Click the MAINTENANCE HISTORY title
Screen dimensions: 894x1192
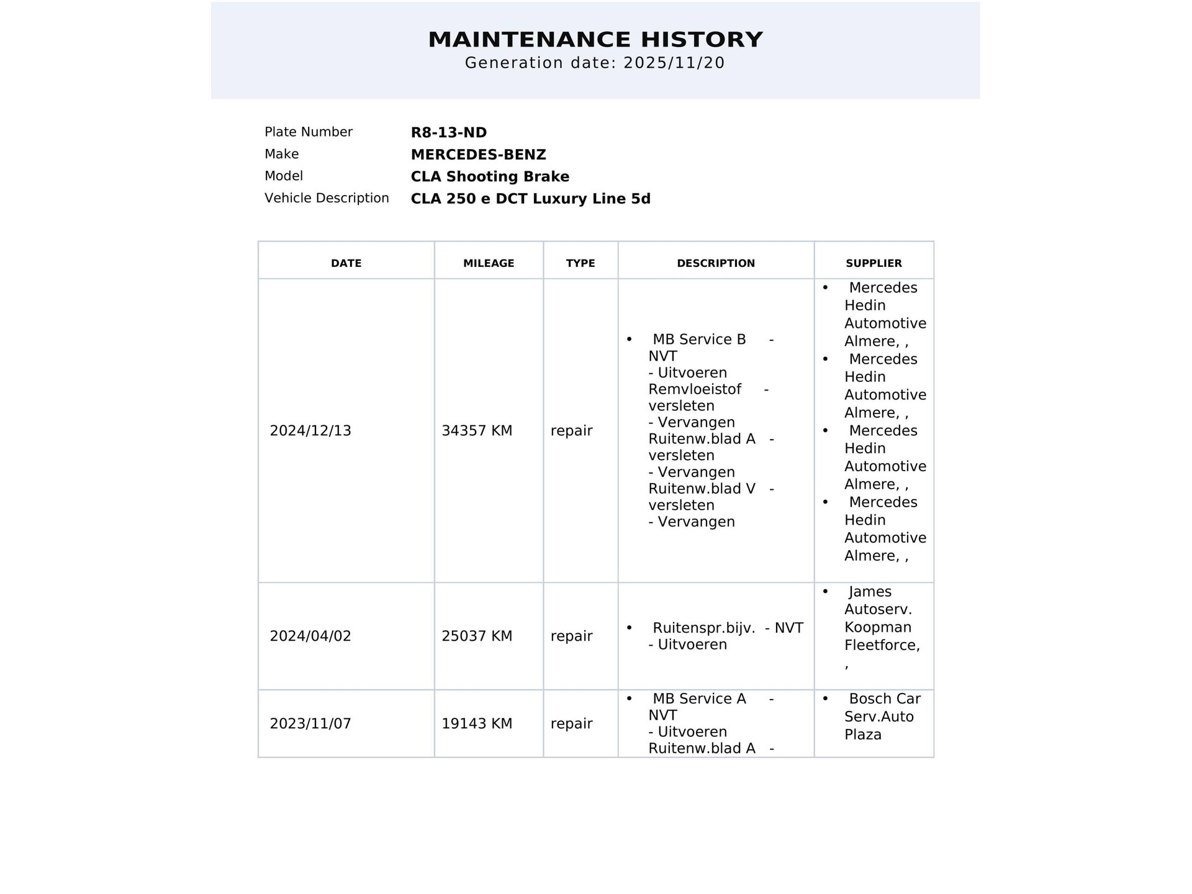tap(595, 40)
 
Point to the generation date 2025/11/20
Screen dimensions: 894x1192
tap(674, 63)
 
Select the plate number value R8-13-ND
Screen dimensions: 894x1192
tap(449, 132)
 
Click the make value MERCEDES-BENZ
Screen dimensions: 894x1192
tap(478, 155)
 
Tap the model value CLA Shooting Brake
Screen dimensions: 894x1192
tap(490, 176)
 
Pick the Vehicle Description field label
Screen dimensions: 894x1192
tap(327, 198)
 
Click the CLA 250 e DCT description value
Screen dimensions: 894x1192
tap(530, 199)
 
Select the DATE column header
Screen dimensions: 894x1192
tap(346, 263)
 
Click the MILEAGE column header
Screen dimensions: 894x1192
tap(489, 263)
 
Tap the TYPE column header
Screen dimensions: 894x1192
tap(580, 263)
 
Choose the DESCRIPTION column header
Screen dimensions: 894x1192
tap(716, 263)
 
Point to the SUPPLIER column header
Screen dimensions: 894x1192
tap(874, 263)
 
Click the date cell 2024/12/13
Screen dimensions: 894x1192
tap(310, 431)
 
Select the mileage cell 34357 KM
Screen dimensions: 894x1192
tap(477, 431)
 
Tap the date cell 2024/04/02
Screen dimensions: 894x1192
tap(310, 636)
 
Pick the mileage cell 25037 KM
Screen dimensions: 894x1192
tap(477, 636)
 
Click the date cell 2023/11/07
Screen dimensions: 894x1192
tap(310, 724)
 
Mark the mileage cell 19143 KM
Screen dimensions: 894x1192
tap(477, 724)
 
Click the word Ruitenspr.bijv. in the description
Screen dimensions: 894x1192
tap(704, 628)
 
